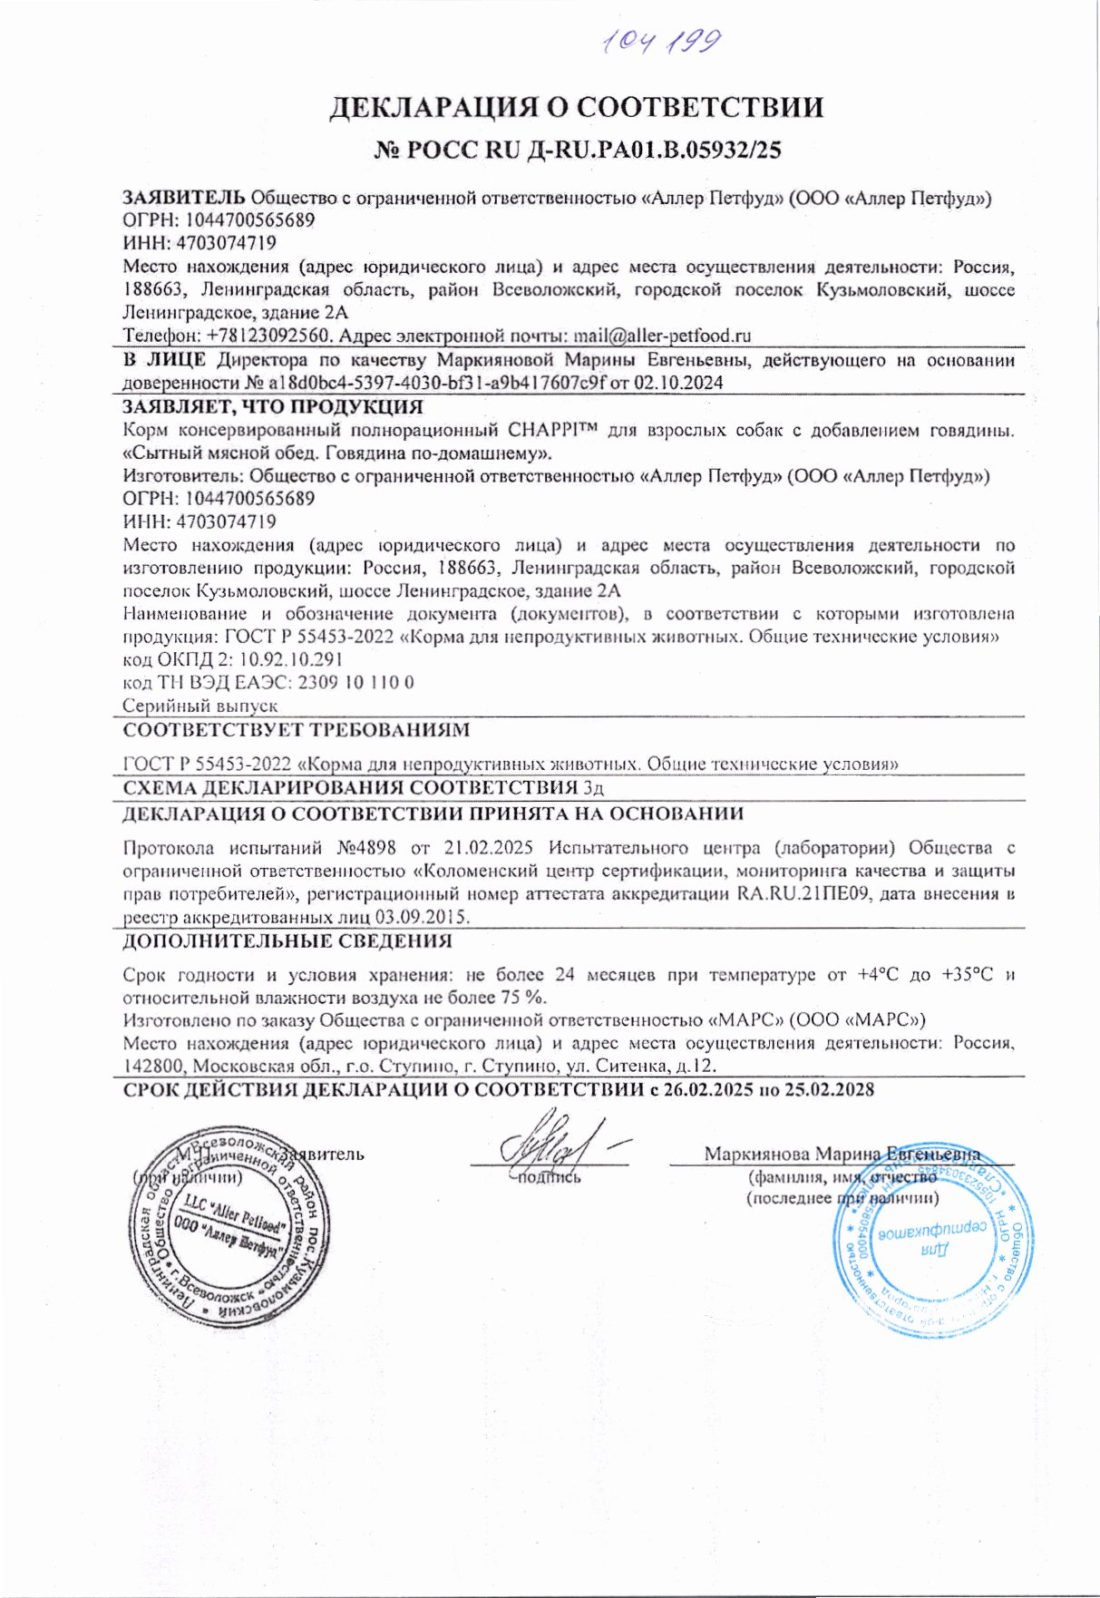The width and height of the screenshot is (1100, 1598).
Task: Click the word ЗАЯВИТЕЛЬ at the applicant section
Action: click(183, 197)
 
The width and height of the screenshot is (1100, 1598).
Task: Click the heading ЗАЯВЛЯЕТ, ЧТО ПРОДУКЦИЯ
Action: click(273, 406)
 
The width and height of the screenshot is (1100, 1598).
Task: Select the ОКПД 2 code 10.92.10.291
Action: click(290, 659)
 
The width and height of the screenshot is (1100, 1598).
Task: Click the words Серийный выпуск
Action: click(200, 706)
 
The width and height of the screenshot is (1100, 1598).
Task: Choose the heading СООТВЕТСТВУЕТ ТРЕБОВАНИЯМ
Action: click(296, 730)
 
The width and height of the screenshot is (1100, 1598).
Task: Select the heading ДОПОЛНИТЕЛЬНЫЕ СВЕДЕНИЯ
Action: click(287, 941)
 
